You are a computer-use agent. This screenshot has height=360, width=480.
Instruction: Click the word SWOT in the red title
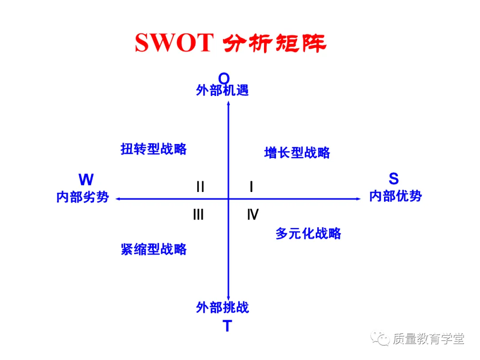coord(174,43)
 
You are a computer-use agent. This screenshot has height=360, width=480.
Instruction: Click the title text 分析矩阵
coord(274,44)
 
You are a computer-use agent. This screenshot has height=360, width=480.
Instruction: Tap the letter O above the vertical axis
coord(224,79)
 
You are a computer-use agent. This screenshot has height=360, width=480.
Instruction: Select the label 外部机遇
coord(222,91)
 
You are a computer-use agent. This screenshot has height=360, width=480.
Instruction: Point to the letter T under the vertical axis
coord(227,326)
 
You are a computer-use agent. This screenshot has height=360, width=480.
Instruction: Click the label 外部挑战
coord(222,307)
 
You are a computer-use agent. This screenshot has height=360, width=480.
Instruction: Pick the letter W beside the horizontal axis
coord(86,180)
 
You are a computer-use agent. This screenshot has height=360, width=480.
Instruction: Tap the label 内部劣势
coord(83,197)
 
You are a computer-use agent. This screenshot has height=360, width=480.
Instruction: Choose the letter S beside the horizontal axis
coord(393,179)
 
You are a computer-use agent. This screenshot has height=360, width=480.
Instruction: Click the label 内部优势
coord(395,196)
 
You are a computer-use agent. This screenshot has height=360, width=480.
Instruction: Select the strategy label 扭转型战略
coord(153,149)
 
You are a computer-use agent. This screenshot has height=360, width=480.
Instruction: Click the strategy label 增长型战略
coord(297,153)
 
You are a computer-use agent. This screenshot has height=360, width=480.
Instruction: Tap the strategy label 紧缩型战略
coord(153,249)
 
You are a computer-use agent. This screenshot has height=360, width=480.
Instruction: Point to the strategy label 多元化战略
coord(308,233)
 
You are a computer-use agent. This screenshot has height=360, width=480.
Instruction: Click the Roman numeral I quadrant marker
coord(251,187)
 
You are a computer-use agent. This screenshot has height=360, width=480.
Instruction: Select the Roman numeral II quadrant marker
coord(200,187)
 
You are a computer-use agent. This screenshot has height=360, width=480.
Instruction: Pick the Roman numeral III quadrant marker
coord(198,215)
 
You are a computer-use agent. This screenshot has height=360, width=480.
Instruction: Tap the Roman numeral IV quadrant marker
coord(252,215)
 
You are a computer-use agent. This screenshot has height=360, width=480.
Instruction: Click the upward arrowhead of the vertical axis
coord(228,104)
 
